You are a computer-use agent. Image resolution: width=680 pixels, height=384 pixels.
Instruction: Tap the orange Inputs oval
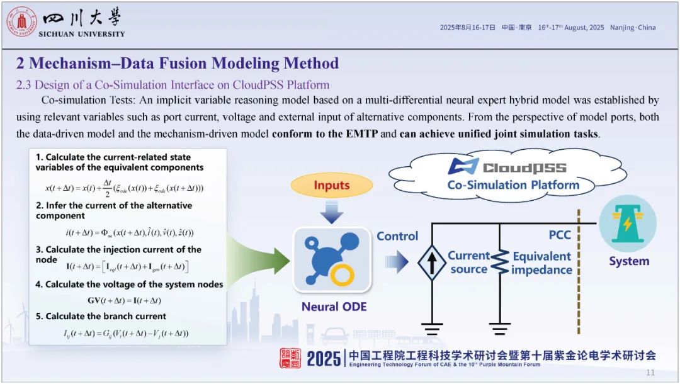331,185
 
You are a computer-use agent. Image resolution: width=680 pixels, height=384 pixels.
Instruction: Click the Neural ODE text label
334,307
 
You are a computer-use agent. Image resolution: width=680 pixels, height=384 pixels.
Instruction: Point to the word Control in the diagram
397,236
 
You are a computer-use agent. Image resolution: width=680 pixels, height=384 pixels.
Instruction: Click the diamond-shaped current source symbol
431,262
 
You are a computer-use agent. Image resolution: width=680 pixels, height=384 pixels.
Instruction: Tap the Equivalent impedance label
541,263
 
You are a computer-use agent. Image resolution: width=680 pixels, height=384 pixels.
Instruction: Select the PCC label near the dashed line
560,235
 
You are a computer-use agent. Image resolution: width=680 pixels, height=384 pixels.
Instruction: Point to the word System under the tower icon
628,261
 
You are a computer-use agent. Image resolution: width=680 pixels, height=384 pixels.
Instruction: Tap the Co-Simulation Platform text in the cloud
513,185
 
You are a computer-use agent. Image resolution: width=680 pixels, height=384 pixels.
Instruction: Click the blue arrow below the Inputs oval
332,213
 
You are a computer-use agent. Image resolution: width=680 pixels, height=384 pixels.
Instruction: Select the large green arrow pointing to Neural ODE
258,259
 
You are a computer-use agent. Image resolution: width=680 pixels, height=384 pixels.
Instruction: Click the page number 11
650,373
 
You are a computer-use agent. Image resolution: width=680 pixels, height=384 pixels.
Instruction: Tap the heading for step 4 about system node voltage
129,285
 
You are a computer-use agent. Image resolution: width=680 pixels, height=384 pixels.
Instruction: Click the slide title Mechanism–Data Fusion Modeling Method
178,63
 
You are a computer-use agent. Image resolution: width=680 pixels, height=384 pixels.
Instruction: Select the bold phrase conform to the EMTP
326,133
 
